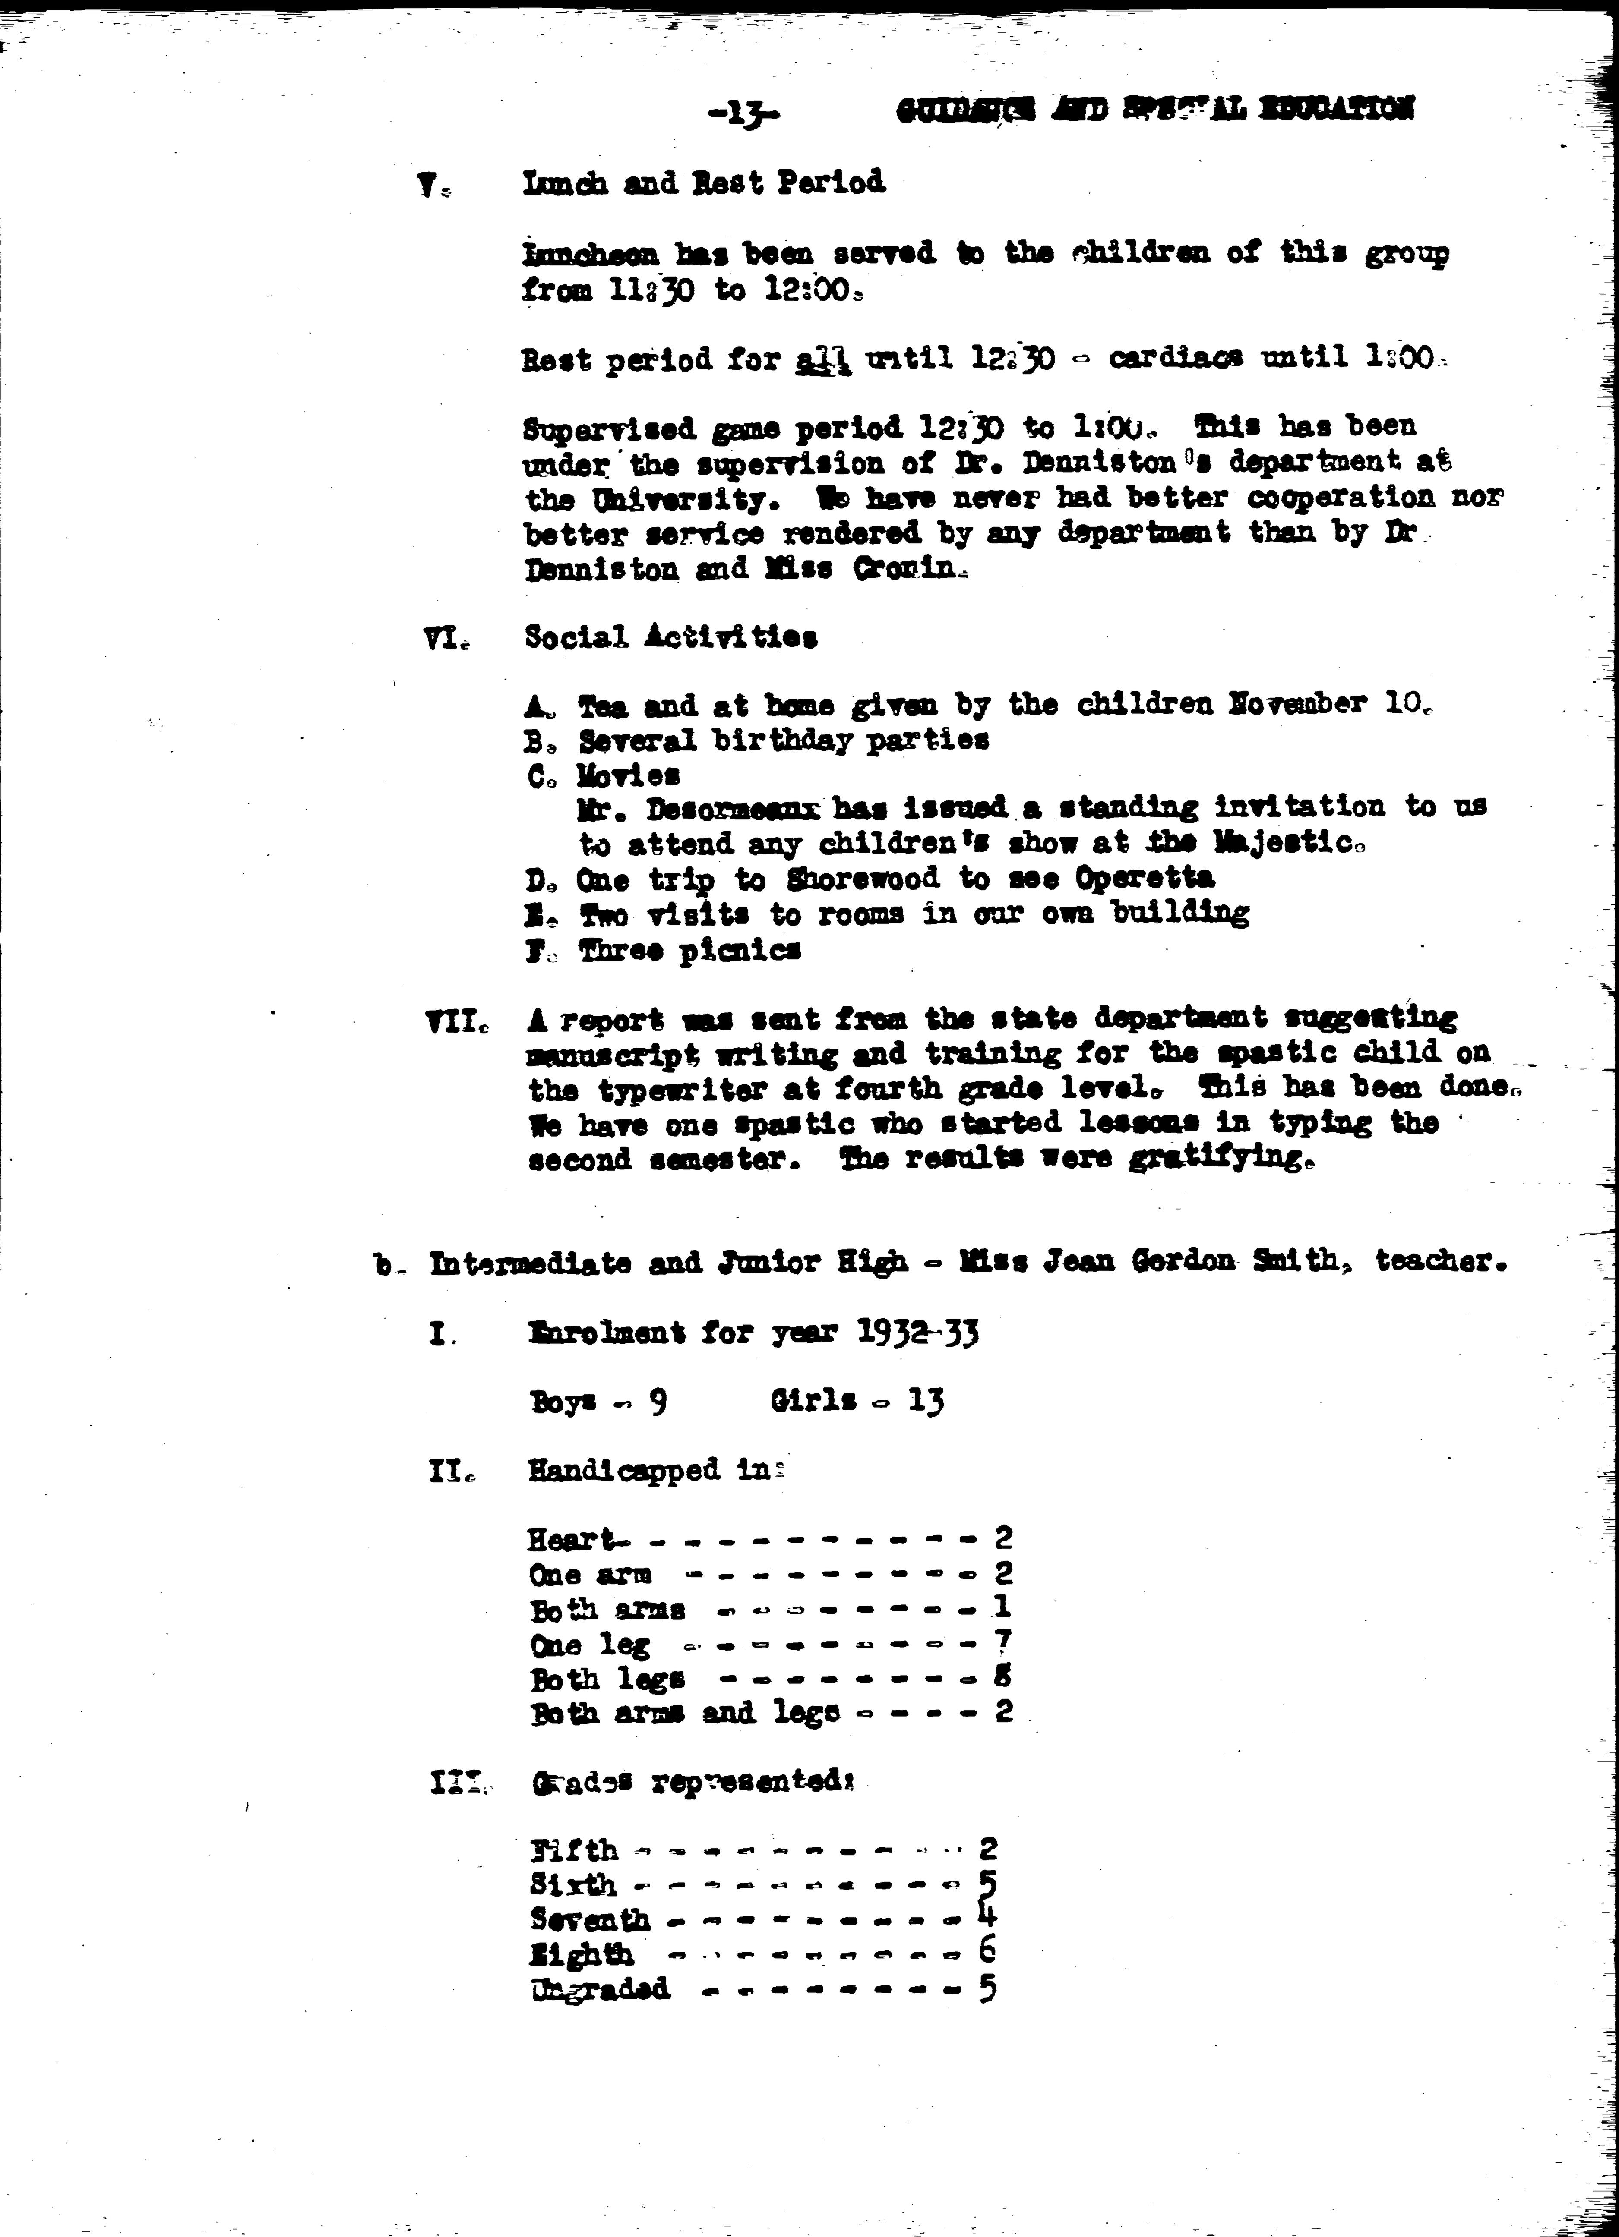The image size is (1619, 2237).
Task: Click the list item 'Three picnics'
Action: pos(689,950)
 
